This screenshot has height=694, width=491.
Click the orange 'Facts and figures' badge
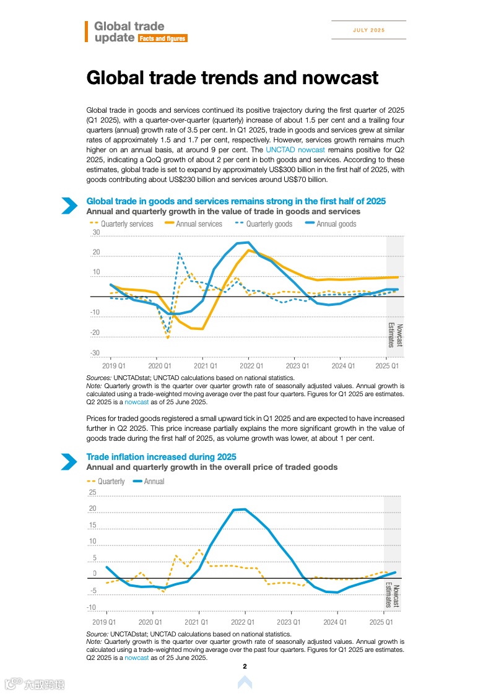pos(162,38)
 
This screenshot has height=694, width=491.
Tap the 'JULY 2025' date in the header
pos(369,30)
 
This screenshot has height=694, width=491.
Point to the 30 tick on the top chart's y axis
pos(96,233)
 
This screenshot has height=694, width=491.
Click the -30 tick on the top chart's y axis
pos(95,353)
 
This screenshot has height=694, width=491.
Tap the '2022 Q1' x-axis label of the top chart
pos(251,367)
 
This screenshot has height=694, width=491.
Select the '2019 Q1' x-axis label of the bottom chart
pos(104,622)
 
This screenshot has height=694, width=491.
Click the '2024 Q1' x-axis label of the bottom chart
pos(335,622)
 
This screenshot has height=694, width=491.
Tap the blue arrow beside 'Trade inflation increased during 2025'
pos(69,462)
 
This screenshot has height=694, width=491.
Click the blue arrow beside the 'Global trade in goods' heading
pos(69,206)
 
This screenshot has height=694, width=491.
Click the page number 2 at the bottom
pos(245,666)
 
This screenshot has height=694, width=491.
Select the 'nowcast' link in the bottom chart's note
pos(136,659)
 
